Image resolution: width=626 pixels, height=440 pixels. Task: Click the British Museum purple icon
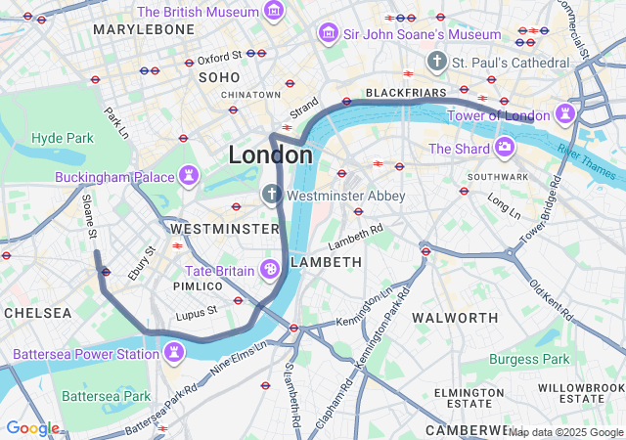(x=275, y=12)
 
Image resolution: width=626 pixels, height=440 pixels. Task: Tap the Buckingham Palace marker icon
(x=188, y=176)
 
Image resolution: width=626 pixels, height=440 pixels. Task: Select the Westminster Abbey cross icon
(x=271, y=196)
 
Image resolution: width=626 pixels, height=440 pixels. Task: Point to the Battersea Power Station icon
(x=174, y=353)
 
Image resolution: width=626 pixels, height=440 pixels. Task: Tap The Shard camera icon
(x=505, y=149)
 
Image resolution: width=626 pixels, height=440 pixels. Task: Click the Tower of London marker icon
(x=565, y=115)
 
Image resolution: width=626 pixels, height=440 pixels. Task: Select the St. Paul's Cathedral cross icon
(x=436, y=62)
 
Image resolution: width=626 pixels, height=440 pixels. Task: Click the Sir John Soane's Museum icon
(x=328, y=34)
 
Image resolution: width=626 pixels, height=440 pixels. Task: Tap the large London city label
(x=270, y=155)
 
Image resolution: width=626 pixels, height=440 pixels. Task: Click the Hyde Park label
(x=62, y=138)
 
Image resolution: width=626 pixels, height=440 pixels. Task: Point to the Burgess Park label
(x=528, y=359)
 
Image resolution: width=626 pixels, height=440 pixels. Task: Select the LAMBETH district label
(x=327, y=262)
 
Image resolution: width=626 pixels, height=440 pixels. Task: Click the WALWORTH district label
(x=455, y=318)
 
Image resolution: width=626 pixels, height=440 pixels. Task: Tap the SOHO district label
(x=219, y=76)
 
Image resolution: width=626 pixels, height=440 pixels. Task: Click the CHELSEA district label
(x=37, y=313)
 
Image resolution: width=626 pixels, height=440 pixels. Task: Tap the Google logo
(x=32, y=428)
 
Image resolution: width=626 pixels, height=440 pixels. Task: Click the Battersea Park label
(x=106, y=396)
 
